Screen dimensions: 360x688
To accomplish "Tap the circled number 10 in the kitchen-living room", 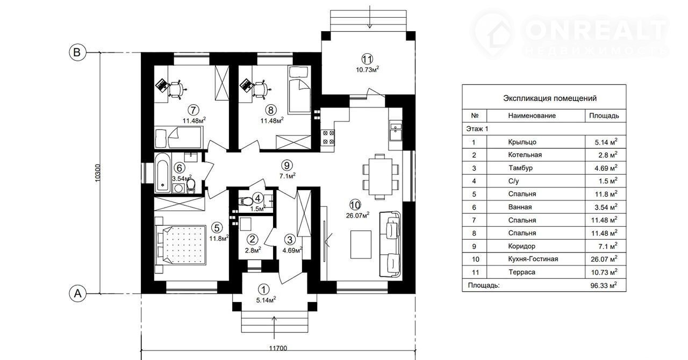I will click(355, 205).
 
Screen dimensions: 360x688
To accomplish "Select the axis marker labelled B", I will click(77, 52).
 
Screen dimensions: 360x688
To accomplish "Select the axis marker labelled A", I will click(77, 293).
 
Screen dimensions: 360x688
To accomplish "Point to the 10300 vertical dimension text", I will click(97, 173).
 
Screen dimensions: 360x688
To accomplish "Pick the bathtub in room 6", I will click(162, 173).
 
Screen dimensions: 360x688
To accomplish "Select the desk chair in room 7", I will click(178, 89).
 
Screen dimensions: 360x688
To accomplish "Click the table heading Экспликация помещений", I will click(542, 98).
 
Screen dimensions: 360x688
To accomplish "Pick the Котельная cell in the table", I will click(525, 155).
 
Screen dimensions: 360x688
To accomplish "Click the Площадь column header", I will click(604, 116).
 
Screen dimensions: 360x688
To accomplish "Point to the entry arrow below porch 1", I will click(275, 325).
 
